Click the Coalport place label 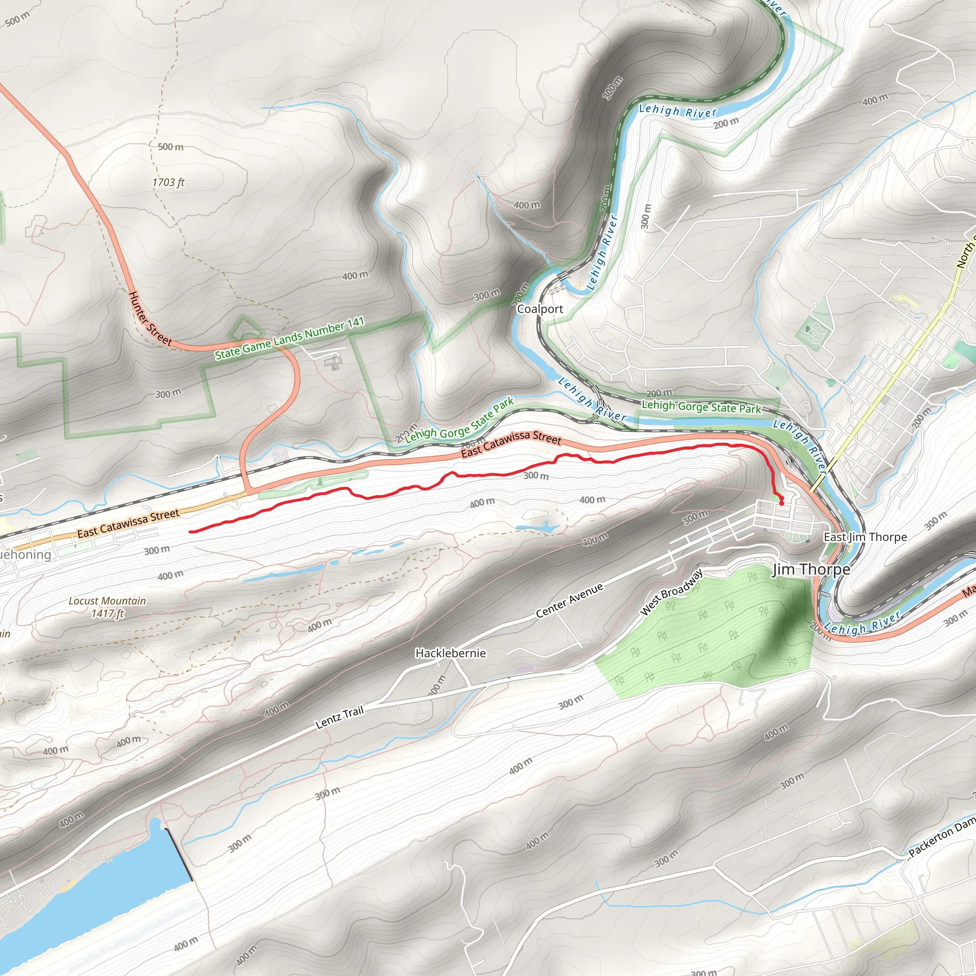tap(539, 309)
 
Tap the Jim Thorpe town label tap(811, 570)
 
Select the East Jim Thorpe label tap(865, 537)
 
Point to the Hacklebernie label tap(450, 653)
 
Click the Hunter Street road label tap(150, 319)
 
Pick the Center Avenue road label tap(569, 600)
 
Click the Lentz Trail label tap(339, 718)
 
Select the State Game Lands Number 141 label tap(289, 338)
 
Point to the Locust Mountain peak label tap(107, 600)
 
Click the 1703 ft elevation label tap(168, 183)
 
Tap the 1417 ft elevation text tap(107, 614)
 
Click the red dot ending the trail tap(782, 503)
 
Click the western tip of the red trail tap(191, 531)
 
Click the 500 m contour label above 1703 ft tap(170, 147)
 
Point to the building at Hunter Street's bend tap(333, 361)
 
